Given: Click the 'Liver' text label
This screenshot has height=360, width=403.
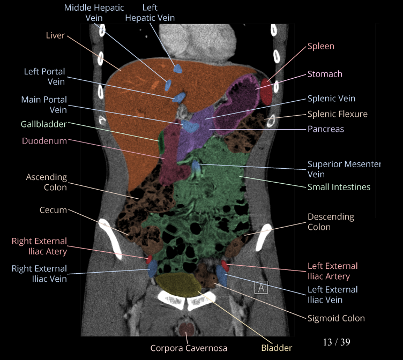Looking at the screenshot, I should pyautogui.click(x=55, y=35).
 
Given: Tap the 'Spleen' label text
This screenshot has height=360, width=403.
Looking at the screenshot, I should pyautogui.click(x=320, y=46).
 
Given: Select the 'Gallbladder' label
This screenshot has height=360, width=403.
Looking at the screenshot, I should pyautogui.click(x=43, y=124).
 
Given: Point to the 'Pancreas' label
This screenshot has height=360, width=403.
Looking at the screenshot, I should pyautogui.click(x=325, y=129).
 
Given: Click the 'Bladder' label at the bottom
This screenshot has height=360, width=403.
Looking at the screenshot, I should pyautogui.click(x=277, y=348).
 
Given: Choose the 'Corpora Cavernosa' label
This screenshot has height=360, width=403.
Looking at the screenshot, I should pyautogui.click(x=188, y=348).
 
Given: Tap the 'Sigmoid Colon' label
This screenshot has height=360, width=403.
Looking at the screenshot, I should pyautogui.click(x=336, y=318).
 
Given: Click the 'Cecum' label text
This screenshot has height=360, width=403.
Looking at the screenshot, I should pyautogui.click(x=53, y=210).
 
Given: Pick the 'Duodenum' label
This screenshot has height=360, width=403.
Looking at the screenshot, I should pyautogui.click(x=44, y=141).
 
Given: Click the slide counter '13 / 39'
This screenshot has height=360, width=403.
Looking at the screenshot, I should pyautogui.click(x=337, y=342).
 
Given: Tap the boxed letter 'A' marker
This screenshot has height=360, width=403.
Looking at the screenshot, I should pyautogui.click(x=260, y=287).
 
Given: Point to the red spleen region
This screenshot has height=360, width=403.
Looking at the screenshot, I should pyautogui.click(x=266, y=83).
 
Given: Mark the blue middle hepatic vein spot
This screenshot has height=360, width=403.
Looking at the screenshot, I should pyautogui.click(x=168, y=85).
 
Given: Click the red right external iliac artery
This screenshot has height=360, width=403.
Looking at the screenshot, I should pyautogui.click(x=150, y=260).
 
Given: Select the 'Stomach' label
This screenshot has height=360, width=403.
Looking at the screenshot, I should pyautogui.click(x=325, y=74).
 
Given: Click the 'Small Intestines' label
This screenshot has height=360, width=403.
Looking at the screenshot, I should pyautogui.click(x=339, y=187).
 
